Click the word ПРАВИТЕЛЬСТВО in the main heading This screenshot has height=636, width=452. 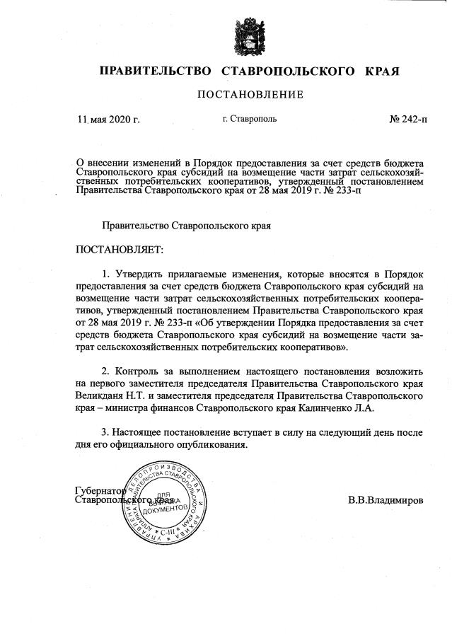(x=156, y=71)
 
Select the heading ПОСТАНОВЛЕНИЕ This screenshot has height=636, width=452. (x=249, y=95)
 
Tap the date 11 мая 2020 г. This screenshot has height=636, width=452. (x=109, y=120)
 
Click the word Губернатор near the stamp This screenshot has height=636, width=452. (x=100, y=490)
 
